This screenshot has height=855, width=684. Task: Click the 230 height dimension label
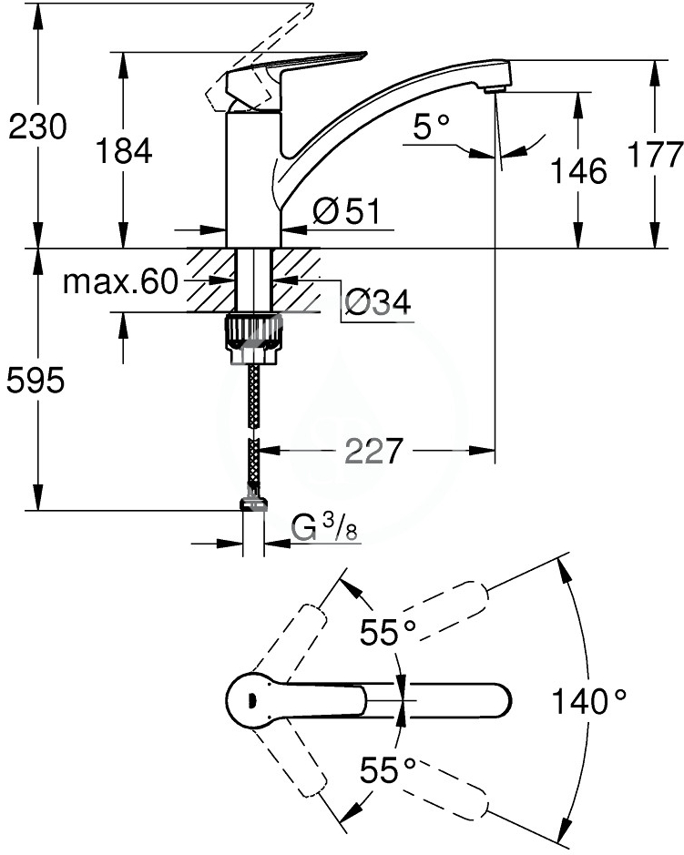[37, 127]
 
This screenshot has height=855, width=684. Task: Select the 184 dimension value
[125, 151]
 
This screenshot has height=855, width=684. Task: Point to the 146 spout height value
[578, 170]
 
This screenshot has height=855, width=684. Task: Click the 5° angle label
[434, 128]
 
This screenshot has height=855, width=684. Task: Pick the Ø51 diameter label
[345, 211]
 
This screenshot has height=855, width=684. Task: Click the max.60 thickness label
[120, 283]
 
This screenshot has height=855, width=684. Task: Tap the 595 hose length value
[36, 381]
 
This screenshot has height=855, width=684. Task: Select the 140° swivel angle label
[589, 701]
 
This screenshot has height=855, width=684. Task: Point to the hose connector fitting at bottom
[253, 503]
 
